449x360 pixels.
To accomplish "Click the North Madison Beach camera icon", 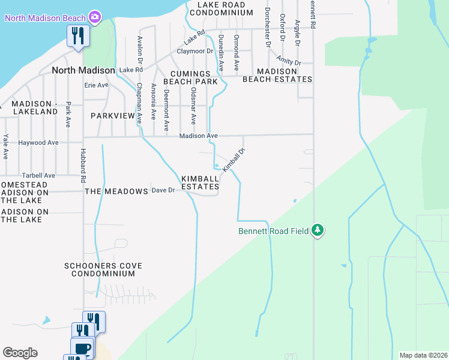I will click(x=94, y=17).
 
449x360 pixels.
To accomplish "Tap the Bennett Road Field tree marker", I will click(x=318, y=230).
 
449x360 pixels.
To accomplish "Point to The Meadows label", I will click(x=116, y=191).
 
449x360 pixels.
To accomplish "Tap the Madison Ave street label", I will click(x=198, y=136).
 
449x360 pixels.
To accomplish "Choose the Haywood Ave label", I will click(x=38, y=143).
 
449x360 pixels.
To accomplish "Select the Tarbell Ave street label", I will click(x=37, y=175).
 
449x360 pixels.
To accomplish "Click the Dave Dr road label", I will click(x=163, y=190).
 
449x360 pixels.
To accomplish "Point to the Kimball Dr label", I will click(x=234, y=161).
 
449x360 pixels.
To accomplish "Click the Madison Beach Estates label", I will click(x=276, y=75).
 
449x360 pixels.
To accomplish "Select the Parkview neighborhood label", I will click(x=113, y=115).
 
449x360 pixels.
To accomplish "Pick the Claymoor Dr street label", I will click(x=195, y=51).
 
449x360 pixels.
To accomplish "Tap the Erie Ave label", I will click(x=96, y=85).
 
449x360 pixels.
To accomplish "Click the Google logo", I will click(x=20, y=353).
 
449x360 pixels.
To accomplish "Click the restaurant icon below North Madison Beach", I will click(x=78, y=36).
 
